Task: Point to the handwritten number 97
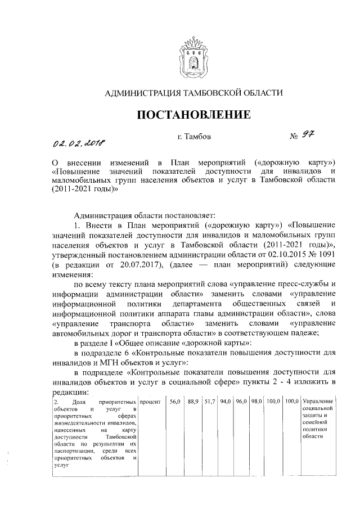coord(307,136)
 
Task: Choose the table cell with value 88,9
coord(193,402)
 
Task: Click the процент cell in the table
coord(150,402)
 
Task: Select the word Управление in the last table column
coord(318,402)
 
